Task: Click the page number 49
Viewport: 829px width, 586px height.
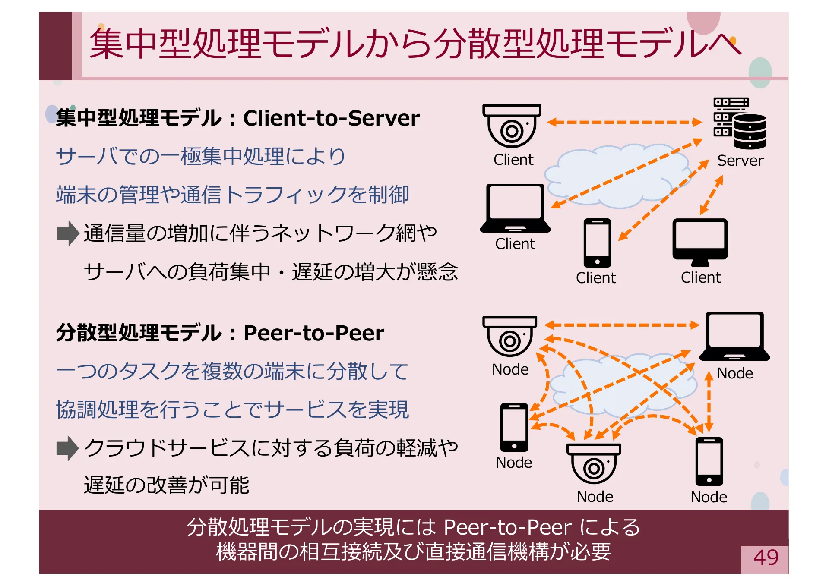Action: point(766,558)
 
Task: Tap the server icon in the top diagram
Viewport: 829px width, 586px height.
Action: point(739,123)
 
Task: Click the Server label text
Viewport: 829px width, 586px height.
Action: point(740,161)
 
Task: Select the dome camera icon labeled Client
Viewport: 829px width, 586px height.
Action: point(512,126)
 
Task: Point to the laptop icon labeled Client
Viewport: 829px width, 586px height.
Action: point(515,208)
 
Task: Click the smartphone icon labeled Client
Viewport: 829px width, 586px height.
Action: point(597,243)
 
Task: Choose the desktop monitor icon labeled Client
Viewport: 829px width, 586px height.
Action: point(700,242)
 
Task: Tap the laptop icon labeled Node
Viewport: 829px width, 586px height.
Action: point(734,336)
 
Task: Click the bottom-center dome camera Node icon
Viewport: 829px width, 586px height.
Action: point(594,463)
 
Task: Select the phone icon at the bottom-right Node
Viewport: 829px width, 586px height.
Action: point(709,461)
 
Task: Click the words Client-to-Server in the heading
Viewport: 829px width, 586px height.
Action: point(331,118)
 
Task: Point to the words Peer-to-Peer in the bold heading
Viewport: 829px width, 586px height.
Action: point(314,333)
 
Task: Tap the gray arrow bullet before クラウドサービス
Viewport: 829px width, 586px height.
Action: point(67,448)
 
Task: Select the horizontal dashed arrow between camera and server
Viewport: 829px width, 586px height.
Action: point(624,122)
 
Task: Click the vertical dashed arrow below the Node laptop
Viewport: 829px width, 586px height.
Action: point(709,402)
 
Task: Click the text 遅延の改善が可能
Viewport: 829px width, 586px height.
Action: point(166,485)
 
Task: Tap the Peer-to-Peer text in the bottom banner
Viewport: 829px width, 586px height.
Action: point(507,527)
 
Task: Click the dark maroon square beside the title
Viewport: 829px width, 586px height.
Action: point(55,46)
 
